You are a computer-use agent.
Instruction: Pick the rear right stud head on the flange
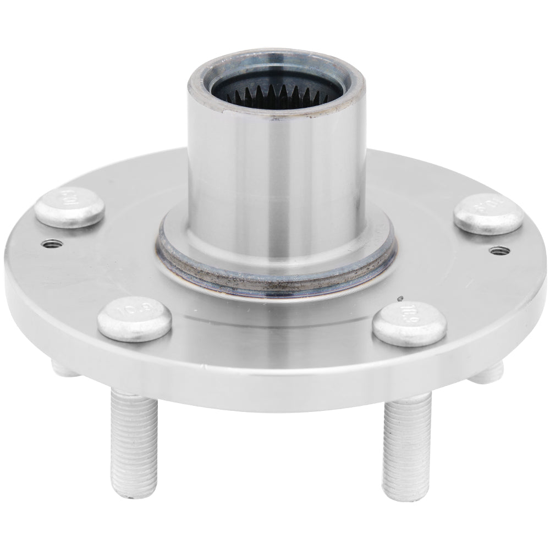(488, 213)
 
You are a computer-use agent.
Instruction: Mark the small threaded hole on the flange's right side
(498, 251)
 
